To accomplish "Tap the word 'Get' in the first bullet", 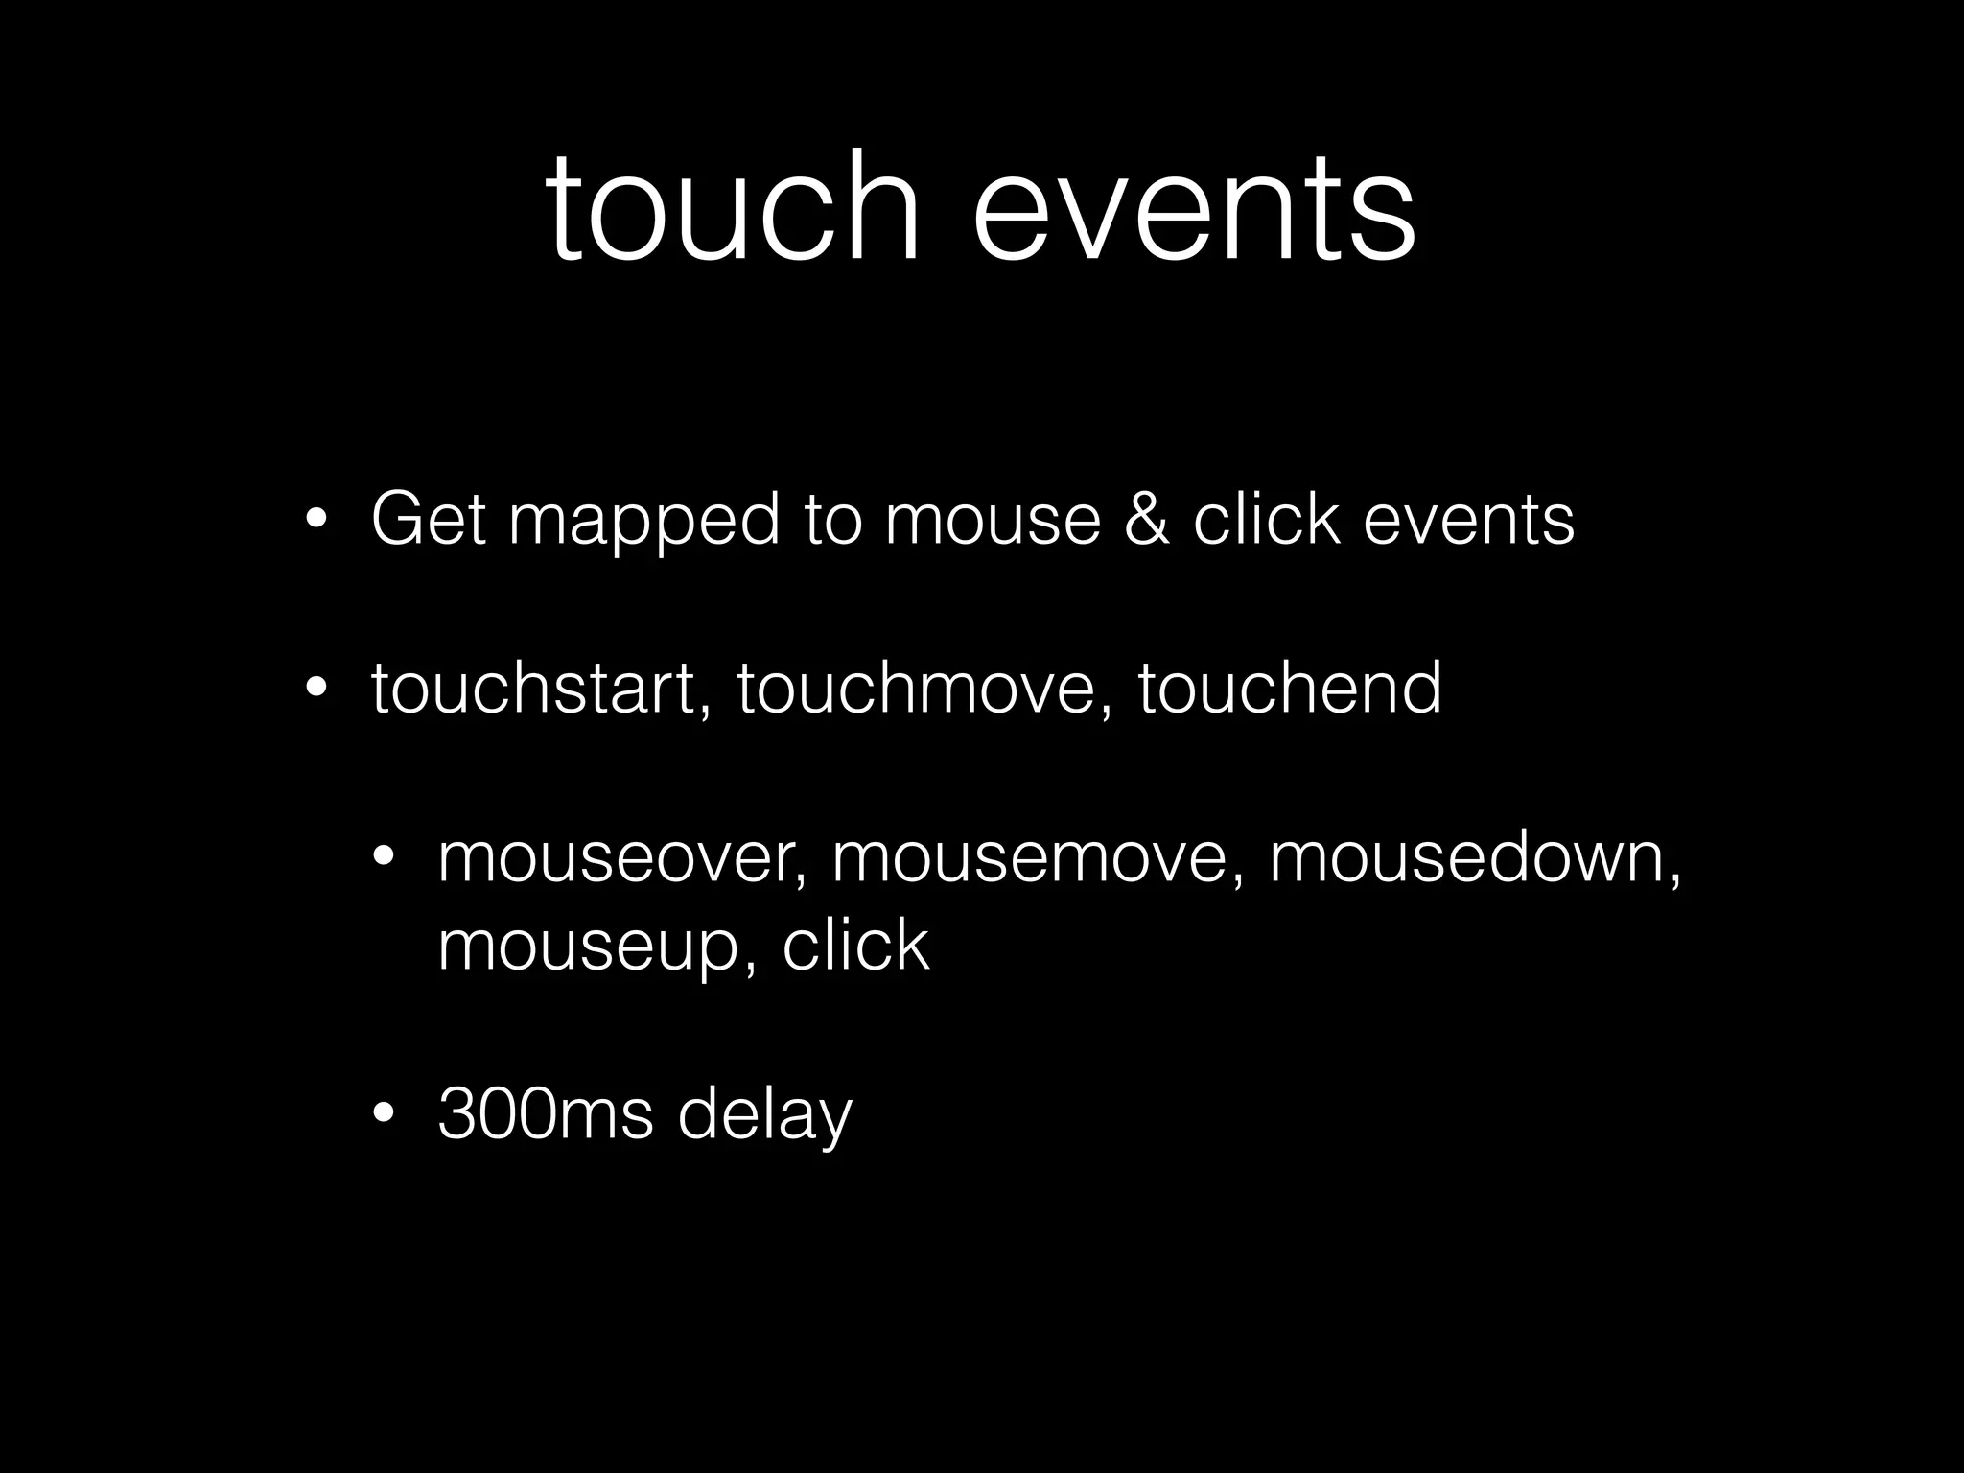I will [x=428, y=520].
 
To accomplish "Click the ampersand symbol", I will [x=1147, y=520].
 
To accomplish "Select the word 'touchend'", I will [x=1289, y=688].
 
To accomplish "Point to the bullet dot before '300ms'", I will [x=384, y=1114].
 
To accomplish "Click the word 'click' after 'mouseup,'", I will [x=855, y=945].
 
